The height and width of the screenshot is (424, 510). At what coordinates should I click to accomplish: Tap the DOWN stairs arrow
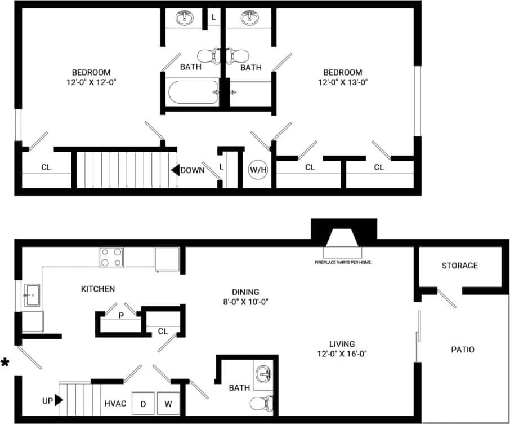175,170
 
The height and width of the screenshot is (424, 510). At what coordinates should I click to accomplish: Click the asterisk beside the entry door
5,363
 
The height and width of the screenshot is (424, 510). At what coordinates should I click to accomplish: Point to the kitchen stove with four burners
111,257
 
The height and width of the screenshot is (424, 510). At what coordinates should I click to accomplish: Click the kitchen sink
31,295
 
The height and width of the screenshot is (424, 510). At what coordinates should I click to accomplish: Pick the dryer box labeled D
143,403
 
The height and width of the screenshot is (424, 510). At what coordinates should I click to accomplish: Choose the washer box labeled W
168,403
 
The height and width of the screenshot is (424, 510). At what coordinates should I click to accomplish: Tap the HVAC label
114,404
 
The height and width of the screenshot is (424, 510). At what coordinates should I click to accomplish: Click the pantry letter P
120,316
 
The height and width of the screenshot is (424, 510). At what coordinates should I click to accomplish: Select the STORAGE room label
459,266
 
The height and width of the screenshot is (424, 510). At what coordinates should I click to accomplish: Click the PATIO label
463,350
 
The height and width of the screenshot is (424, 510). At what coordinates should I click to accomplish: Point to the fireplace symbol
343,237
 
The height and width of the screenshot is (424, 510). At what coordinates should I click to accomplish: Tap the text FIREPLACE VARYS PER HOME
343,262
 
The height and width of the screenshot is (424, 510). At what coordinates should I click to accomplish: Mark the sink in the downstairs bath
263,374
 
